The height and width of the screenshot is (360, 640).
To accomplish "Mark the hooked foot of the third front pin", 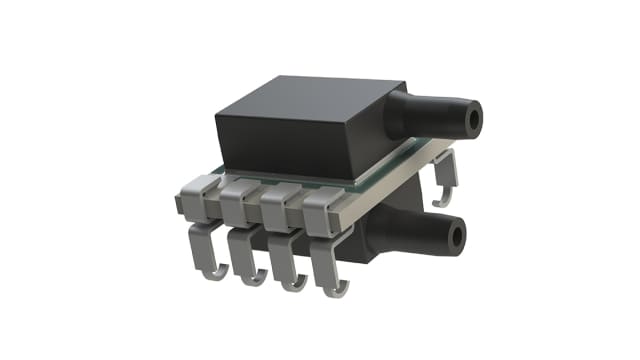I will click(x=291, y=280).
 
